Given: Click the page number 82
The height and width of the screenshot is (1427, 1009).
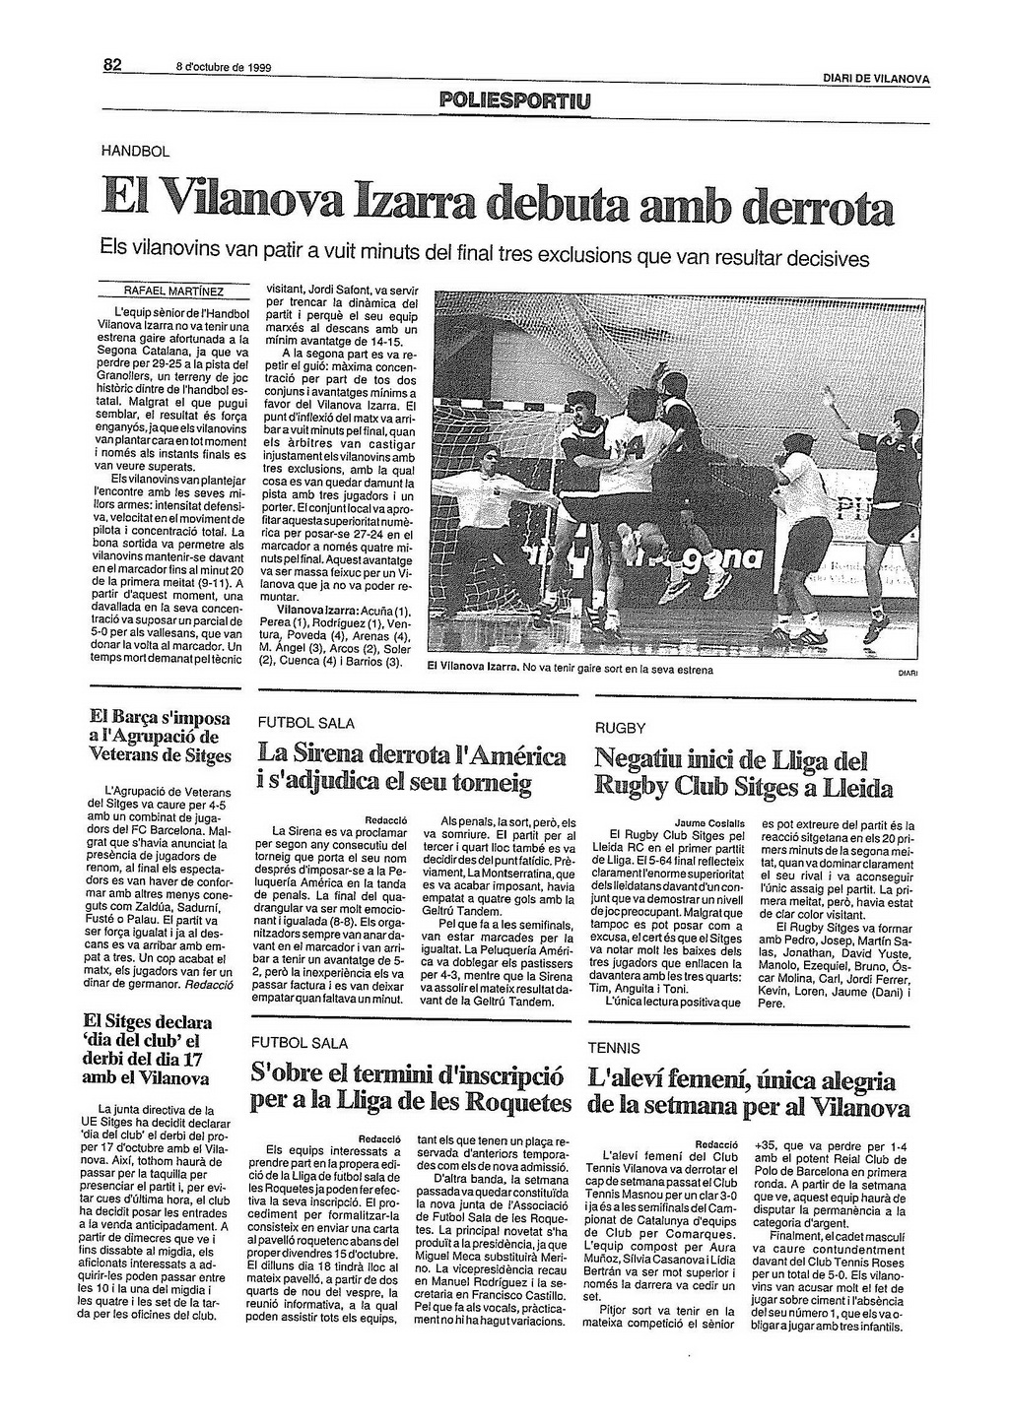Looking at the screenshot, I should [x=111, y=66].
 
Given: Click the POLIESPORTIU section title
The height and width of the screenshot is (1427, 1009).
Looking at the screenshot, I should [x=516, y=100].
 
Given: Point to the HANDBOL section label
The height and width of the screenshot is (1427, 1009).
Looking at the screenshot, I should [x=136, y=152].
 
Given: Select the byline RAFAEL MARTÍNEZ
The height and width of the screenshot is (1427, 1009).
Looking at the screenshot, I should [x=173, y=292].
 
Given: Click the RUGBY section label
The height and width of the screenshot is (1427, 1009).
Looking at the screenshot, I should [x=620, y=728].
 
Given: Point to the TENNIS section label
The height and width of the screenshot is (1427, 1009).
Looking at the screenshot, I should [x=614, y=1049].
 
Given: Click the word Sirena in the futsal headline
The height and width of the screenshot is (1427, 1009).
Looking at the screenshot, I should [x=333, y=756].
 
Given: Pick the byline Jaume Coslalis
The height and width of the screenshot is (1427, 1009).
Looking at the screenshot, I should [x=709, y=821].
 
